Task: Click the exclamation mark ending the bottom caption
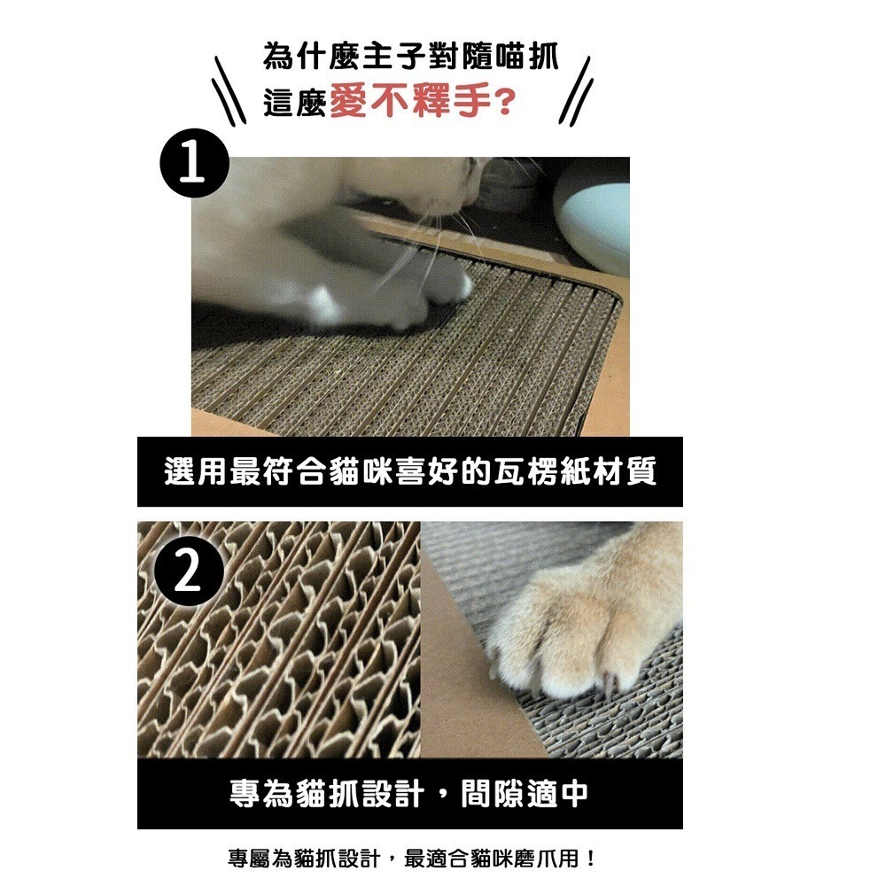590,859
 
